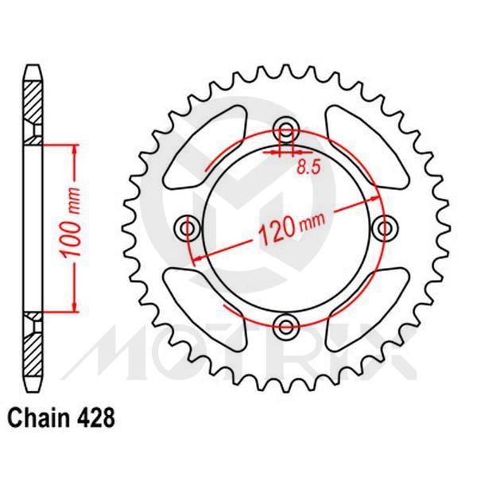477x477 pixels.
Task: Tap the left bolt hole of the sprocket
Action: click(x=189, y=228)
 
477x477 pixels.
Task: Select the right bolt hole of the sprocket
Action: click(x=387, y=228)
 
